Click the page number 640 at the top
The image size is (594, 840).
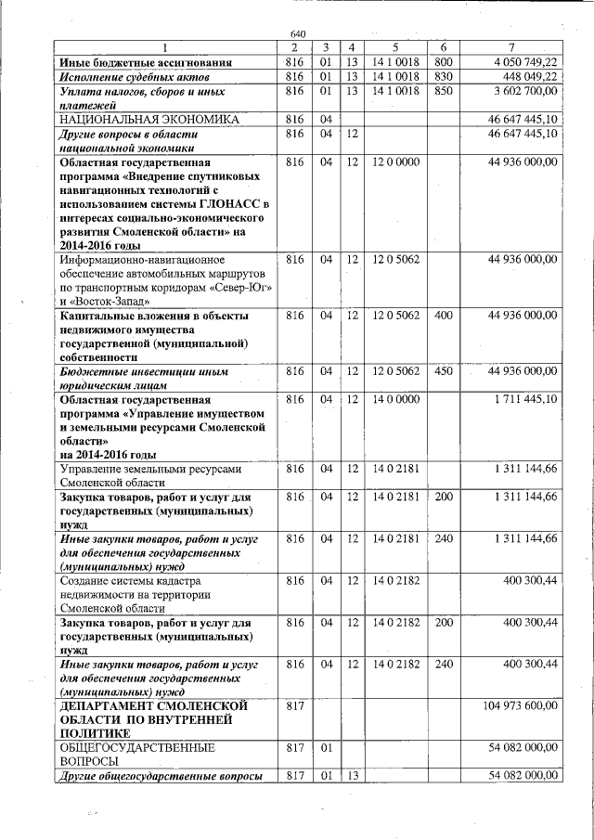tap(297, 34)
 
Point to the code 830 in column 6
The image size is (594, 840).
tap(443, 76)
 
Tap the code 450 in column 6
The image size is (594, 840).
tap(443, 371)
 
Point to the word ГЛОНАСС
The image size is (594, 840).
tap(231, 204)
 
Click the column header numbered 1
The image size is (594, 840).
tap(166, 47)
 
